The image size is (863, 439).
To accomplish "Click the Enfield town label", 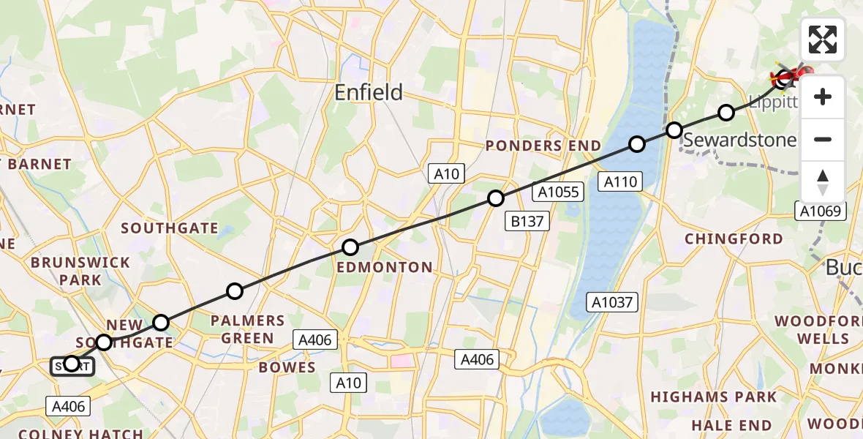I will (x=369, y=92).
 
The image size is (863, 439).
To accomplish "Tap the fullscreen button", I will (x=823, y=40).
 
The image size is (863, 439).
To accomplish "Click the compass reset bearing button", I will (x=823, y=182).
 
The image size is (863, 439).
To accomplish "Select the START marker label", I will (x=72, y=366).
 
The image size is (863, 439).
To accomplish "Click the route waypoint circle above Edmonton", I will (x=350, y=247).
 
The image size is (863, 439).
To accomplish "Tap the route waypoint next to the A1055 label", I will (x=496, y=198).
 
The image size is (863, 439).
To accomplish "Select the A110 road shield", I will (x=620, y=181).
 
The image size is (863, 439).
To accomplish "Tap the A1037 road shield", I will (x=612, y=301).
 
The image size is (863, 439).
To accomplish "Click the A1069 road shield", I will (x=821, y=211).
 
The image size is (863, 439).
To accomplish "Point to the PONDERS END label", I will (x=543, y=146).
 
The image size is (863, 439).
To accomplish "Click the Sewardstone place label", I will (x=740, y=139).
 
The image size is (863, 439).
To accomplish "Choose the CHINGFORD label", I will (x=734, y=239).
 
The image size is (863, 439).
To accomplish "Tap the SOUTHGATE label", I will (x=170, y=228).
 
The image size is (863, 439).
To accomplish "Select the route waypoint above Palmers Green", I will (x=234, y=291).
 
